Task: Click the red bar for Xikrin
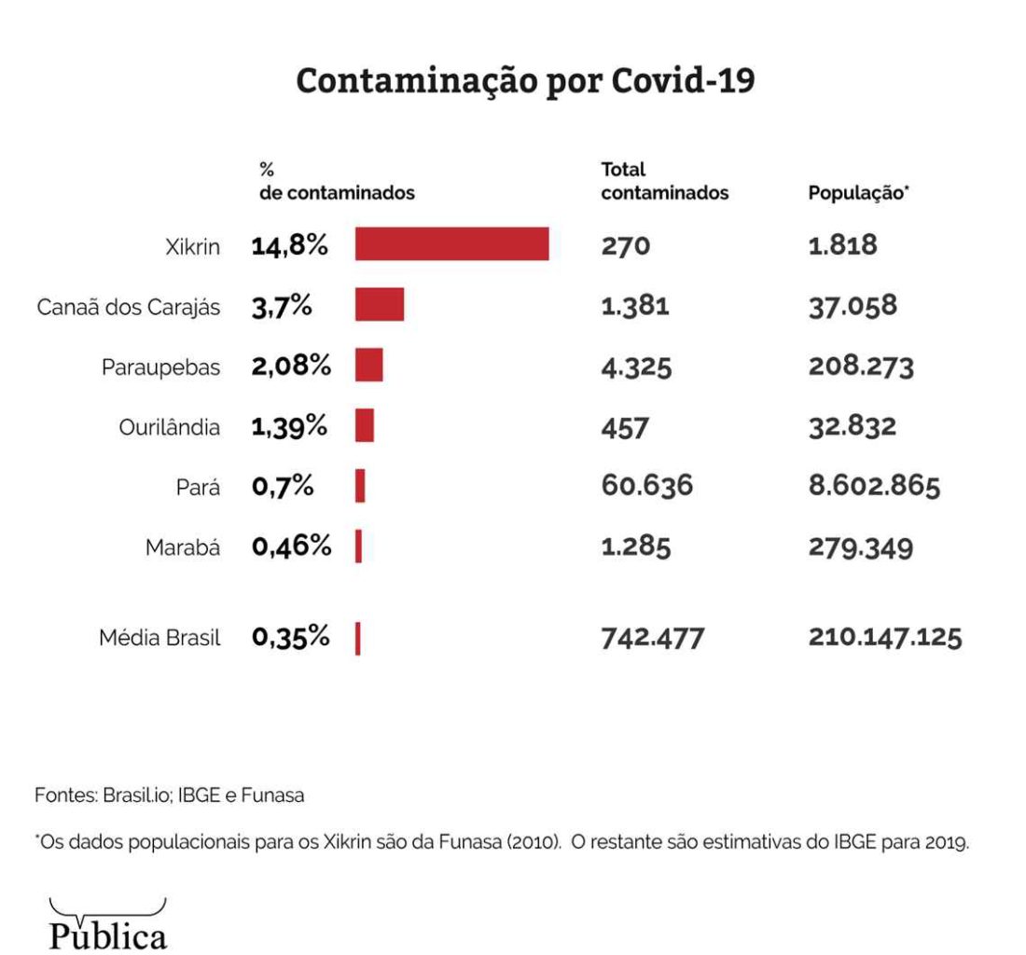(x=451, y=244)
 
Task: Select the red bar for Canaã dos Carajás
(x=379, y=305)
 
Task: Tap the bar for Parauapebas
(x=368, y=365)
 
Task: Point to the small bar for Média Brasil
(x=358, y=639)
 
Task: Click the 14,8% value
(x=289, y=245)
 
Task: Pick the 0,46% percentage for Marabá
(x=291, y=547)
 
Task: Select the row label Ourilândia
(x=170, y=427)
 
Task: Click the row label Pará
(x=198, y=487)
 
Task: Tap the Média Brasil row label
(x=159, y=639)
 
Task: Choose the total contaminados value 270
(x=625, y=245)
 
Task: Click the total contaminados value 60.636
(x=646, y=486)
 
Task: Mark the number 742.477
(x=652, y=639)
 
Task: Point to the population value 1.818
(x=842, y=245)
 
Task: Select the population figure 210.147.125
(x=885, y=639)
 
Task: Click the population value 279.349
(x=861, y=547)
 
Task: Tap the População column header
(x=858, y=194)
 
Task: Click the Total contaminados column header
(x=664, y=183)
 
